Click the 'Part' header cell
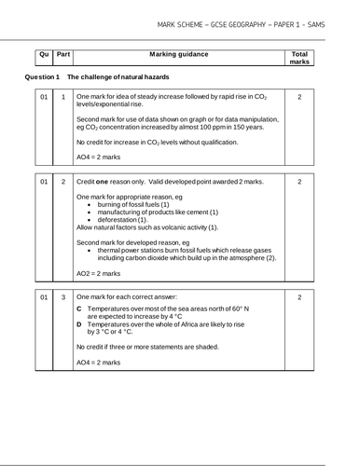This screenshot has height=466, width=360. [x=62, y=56]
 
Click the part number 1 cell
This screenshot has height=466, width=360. [x=62, y=97]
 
